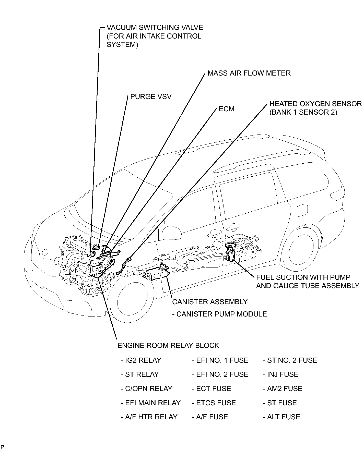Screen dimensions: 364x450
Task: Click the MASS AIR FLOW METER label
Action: [x=249, y=73]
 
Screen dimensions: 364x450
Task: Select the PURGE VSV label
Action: [x=151, y=97]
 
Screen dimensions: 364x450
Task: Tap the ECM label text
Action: [x=226, y=109]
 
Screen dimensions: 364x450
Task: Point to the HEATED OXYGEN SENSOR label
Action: [x=315, y=104]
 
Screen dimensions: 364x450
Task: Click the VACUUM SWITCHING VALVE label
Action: [x=155, y=28]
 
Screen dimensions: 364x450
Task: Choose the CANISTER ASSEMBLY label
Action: [x=210, y=302]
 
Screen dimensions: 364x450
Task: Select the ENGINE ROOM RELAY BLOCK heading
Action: [x=168, y=346]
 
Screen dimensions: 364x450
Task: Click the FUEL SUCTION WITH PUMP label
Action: [x=303, y=277]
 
